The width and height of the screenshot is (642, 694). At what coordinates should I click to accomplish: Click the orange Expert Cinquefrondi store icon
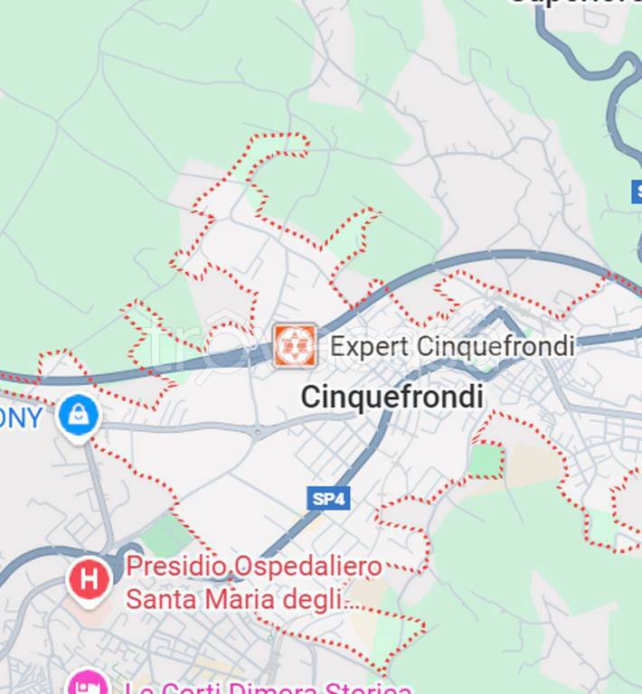click(295, 345)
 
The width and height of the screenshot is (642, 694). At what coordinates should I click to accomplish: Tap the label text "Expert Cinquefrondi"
click(452, 345)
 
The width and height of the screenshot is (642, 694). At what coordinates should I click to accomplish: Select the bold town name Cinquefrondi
click(392, 396)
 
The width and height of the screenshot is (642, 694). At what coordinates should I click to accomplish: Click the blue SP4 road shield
click(329, 498)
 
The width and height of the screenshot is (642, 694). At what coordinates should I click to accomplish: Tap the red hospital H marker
click(90, 579)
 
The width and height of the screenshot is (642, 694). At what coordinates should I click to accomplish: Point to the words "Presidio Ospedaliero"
click(254, 567)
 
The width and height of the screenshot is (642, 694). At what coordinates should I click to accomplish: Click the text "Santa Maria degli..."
click(242, 598)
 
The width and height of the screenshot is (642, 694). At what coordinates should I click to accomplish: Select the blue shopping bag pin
click(79, 416)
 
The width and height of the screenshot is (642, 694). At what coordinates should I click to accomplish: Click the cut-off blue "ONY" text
click(22, 418)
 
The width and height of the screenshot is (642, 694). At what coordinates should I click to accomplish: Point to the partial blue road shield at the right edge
click(636, 192)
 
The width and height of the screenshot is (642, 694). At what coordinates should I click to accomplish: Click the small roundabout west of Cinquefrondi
click(258, 434)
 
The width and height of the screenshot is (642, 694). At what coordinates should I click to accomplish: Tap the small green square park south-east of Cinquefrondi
click(486, 459)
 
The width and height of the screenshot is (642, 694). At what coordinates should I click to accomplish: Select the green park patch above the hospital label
click(167, 536)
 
